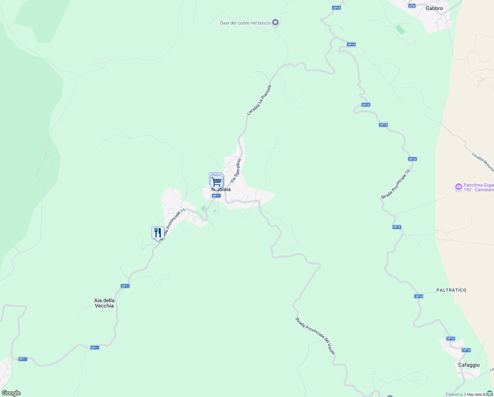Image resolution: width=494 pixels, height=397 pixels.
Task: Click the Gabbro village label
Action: point(434,8)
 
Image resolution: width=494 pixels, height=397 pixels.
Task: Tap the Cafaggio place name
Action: point(469,365)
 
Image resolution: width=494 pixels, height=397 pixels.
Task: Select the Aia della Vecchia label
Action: point(104,303)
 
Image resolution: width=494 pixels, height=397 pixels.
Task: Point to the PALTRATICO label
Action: point(451,290)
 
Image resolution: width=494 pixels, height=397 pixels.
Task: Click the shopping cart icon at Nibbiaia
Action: point(217,181)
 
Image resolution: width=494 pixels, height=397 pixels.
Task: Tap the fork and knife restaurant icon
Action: point(158,233)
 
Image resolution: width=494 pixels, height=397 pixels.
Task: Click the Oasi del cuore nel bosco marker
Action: point(276,22)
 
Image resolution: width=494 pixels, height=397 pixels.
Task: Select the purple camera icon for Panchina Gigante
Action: point(458,187)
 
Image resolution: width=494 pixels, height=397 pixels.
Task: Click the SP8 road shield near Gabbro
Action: point(411,6)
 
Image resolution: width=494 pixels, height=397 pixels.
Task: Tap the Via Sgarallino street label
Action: point(236,170)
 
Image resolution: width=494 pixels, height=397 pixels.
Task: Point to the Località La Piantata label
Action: point(259,100)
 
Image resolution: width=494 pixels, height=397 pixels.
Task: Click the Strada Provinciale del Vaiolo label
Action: point(315,335)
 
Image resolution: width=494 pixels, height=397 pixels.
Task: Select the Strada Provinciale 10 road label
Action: point(396,184)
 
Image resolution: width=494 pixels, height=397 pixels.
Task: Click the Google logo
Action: point(11,393)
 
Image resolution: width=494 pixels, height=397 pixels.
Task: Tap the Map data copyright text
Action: point(480,394)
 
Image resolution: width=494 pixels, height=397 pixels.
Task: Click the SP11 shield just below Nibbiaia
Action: point(216,196)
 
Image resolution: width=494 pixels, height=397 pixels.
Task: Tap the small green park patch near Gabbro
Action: point(400,30)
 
